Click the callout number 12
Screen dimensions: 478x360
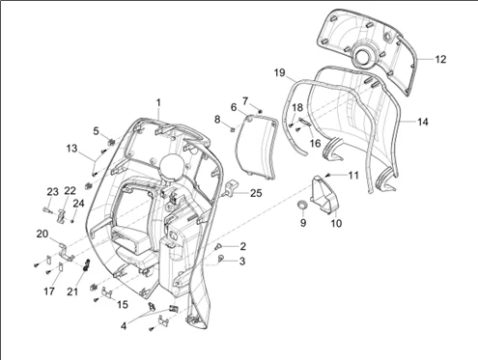coord(440,59)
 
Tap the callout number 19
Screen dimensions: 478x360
coord(279,73)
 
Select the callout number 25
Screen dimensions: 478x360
coord(256,193)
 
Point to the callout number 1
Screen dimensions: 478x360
coord(158,103)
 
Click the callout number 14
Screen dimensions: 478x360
coord(423,122)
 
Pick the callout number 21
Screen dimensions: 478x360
coord(72,291)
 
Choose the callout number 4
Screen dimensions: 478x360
coord(124,326)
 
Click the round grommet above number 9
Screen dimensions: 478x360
coord(302,205)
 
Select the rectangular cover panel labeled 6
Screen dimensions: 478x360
coord(256,148)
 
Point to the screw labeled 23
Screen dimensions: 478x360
coord(46,210)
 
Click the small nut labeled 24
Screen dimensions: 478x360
coord(72,221)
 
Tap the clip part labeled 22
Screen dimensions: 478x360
coord(62,215)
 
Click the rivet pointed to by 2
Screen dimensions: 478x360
coord(218,247)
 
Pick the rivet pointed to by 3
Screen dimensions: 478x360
coord(221,258)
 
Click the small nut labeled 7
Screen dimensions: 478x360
coord(261,111)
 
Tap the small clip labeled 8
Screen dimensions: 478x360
coord(232,129)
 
